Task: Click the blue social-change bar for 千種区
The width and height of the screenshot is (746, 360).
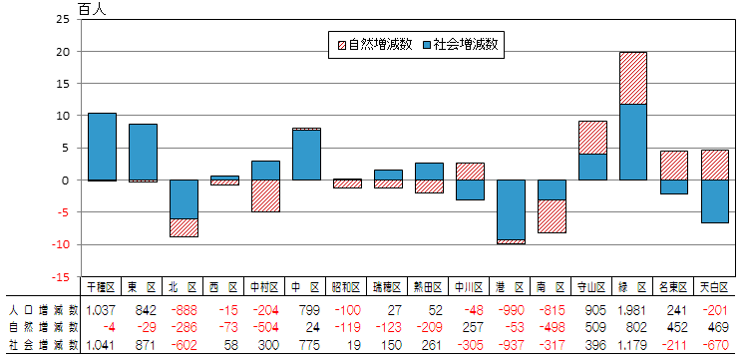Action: point(102,146)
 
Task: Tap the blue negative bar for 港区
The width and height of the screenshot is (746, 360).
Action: point(511,209)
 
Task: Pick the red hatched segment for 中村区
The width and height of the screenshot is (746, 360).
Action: point(265,195)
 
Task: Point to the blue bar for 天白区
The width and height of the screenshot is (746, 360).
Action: point(714,200)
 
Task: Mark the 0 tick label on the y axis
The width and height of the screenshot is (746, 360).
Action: point(66,180)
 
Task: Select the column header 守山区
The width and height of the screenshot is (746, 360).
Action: point(592,287)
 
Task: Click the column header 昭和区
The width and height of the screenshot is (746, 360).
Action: point(347,287)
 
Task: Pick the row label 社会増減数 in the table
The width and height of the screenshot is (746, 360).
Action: point(42,344)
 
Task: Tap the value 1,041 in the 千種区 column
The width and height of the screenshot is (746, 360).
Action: point(101,344)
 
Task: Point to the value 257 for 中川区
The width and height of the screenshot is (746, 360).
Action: point(471,326)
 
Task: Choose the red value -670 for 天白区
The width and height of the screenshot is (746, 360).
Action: point(716,344)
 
